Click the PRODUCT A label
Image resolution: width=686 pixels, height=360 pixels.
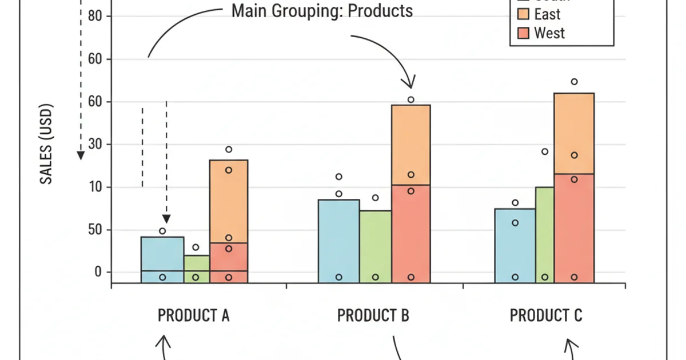[x=193, y=315]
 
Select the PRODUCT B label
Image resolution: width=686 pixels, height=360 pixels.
[x=373, y=315]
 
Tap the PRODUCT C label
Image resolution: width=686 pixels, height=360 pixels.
[x=545, y=315]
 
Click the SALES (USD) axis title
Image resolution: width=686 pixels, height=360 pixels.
[x=47, y=143]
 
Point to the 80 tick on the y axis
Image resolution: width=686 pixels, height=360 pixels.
[x=95, y=16]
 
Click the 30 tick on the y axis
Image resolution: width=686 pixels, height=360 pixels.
[x=95, y=145]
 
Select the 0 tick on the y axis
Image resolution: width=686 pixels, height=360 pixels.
[x=97, y=272]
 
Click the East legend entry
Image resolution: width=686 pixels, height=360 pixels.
[x=547, y=14]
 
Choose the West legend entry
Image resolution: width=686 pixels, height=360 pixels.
[x=549, y=33]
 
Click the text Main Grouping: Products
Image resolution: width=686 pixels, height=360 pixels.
[x=322, y=11]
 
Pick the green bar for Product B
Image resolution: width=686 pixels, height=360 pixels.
[x=376, y=246]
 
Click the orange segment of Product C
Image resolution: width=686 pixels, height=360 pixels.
[x=573, y=133]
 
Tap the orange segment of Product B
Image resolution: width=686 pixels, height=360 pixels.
[x=410, y=145]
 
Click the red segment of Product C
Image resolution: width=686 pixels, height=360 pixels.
[x=573, y=227]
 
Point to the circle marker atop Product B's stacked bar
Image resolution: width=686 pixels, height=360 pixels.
[x=410, y=99]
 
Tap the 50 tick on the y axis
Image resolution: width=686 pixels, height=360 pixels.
[x=95, y=230]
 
